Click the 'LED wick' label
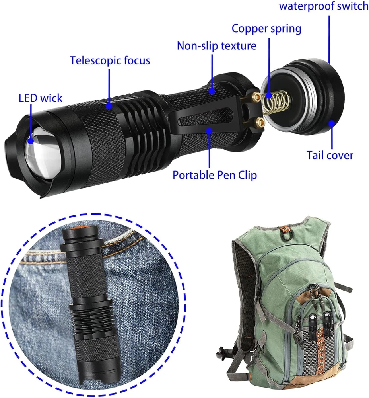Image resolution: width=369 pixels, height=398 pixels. (x=41, y=98)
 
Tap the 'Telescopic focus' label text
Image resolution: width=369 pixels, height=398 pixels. (x=110, y=60)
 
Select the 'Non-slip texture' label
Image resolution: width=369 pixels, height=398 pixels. (x=217, y=46)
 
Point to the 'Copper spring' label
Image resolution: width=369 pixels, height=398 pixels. (x=266, y=28)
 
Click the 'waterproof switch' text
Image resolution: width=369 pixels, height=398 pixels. (x=324, y=6)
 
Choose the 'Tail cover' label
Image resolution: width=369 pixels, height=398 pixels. (x=330, y=155)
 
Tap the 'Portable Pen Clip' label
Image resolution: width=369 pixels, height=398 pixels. (x=215, y=175)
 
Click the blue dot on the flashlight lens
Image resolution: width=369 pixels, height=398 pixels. (x=31, y=141)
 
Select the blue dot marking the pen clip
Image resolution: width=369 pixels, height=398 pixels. (x=209, y=131)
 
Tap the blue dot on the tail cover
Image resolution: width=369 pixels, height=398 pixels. (x=332, y=124)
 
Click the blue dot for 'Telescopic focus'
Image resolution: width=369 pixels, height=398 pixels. (x=109, y=105)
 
